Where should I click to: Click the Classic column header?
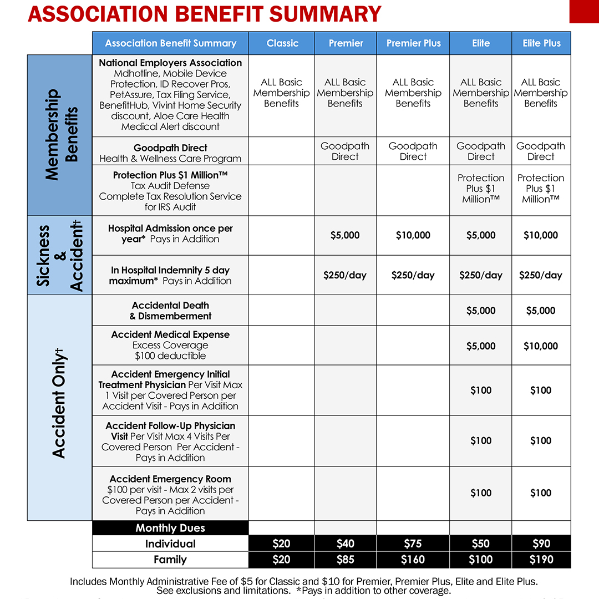pos(282,43)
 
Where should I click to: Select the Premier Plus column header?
pos(413,43)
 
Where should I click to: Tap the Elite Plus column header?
pos(541,43)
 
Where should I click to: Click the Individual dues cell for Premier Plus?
pos(413,544)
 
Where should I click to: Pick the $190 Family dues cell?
pos(541,560)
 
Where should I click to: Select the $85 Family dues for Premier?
pos(345,560)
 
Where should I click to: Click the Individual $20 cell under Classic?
pos(282,544)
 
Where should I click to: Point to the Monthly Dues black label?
pos(170,528)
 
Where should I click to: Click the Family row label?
pos(170,560)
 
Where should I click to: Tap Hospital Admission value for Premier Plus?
pos(413,235)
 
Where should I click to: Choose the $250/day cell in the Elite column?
pos(481,275)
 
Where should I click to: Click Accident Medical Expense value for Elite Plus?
pos(541,346)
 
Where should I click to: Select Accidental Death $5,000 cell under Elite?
pos(481,311)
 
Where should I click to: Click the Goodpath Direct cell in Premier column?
pos(345,151)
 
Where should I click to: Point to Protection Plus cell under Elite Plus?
pos(541,189)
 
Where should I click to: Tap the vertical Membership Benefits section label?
pos(59,135)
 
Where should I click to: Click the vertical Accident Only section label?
pos(59,408)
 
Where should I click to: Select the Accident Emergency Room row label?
pos(170,495)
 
